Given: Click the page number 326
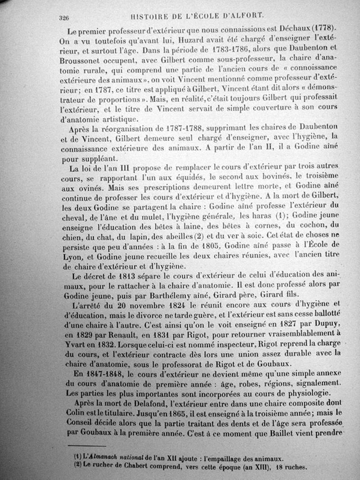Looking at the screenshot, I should click(x=63, y=18).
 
